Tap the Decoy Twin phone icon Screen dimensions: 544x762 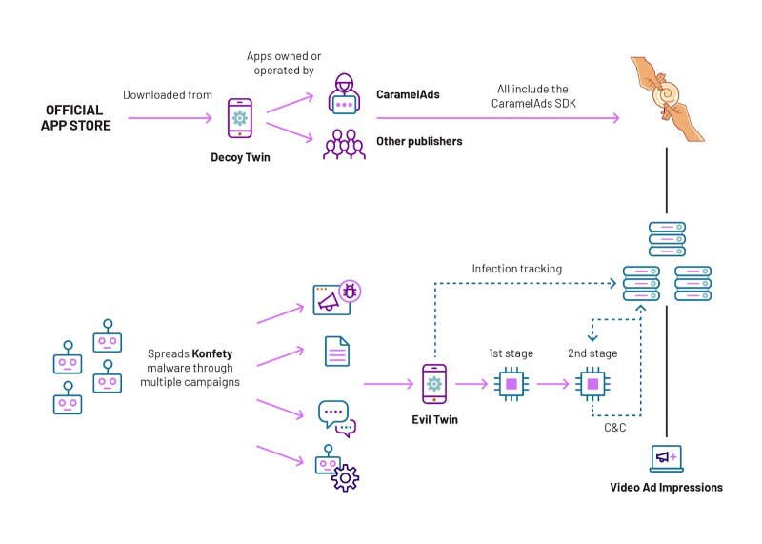241,119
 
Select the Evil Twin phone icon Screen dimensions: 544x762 434,384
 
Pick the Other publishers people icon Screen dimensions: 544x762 344,143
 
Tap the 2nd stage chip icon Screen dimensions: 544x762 592,384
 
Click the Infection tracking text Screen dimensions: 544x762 516,269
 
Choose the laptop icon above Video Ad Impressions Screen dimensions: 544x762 665,459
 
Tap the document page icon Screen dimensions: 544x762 335,351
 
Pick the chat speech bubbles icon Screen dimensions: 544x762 335,417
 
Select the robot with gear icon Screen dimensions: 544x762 335,467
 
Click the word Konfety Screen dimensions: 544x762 211,354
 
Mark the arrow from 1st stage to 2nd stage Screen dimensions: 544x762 553,385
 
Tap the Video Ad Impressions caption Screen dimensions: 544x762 666,488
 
